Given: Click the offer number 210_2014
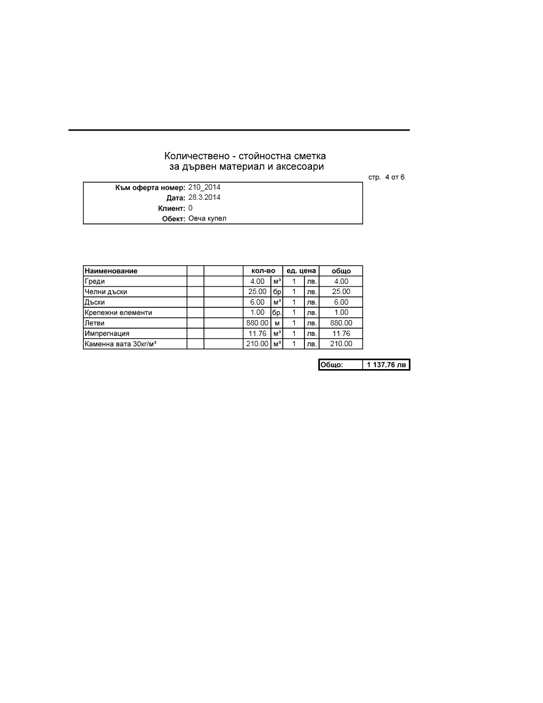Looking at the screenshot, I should click(x=204, y=187).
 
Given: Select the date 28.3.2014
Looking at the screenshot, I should click(x=204, y=198).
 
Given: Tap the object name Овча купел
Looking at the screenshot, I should click(x=207, y=218).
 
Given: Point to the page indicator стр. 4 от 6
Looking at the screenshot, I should click(x=386, y=177).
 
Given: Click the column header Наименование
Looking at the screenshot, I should click(x=111, y=271).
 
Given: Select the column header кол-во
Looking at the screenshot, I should click(x=263, y=271).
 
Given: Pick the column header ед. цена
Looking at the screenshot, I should click(x=301, y=271).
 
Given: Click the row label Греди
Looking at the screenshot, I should click(x=95, y=281).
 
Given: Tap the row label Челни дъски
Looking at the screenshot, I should click(x=106, y=292).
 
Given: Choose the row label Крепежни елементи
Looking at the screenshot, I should click(x=118, y=313).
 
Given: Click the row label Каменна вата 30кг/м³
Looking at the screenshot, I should click(x=120, y=344).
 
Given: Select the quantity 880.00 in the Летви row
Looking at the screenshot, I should click(x=257, y=323).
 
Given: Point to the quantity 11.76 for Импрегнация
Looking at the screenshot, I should click(x=257, y=333).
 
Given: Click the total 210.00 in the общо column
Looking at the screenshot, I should click(x=341, y=344).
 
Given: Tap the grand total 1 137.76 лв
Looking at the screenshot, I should click(x=386, y=365).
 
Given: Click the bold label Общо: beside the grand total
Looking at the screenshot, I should click(x=332, y=365).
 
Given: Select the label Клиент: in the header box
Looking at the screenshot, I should click(x=171, y=208).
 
